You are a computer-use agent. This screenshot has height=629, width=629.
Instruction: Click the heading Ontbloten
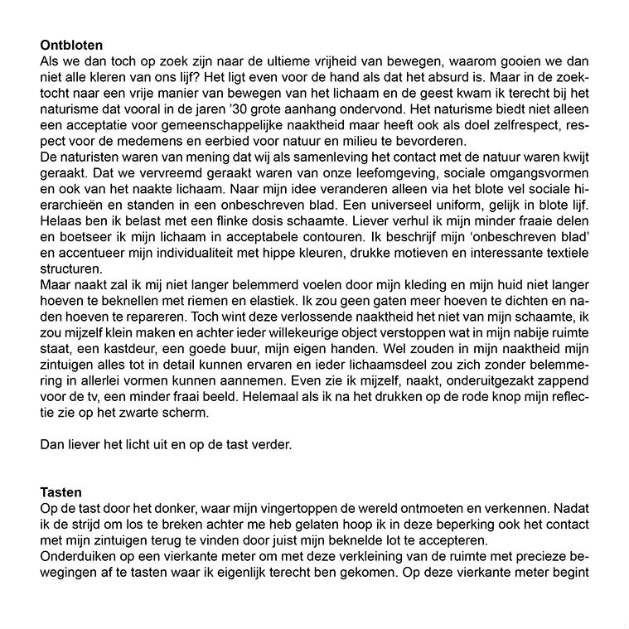coord(77,45)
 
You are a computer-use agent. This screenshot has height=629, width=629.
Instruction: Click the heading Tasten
coord(61,492)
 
